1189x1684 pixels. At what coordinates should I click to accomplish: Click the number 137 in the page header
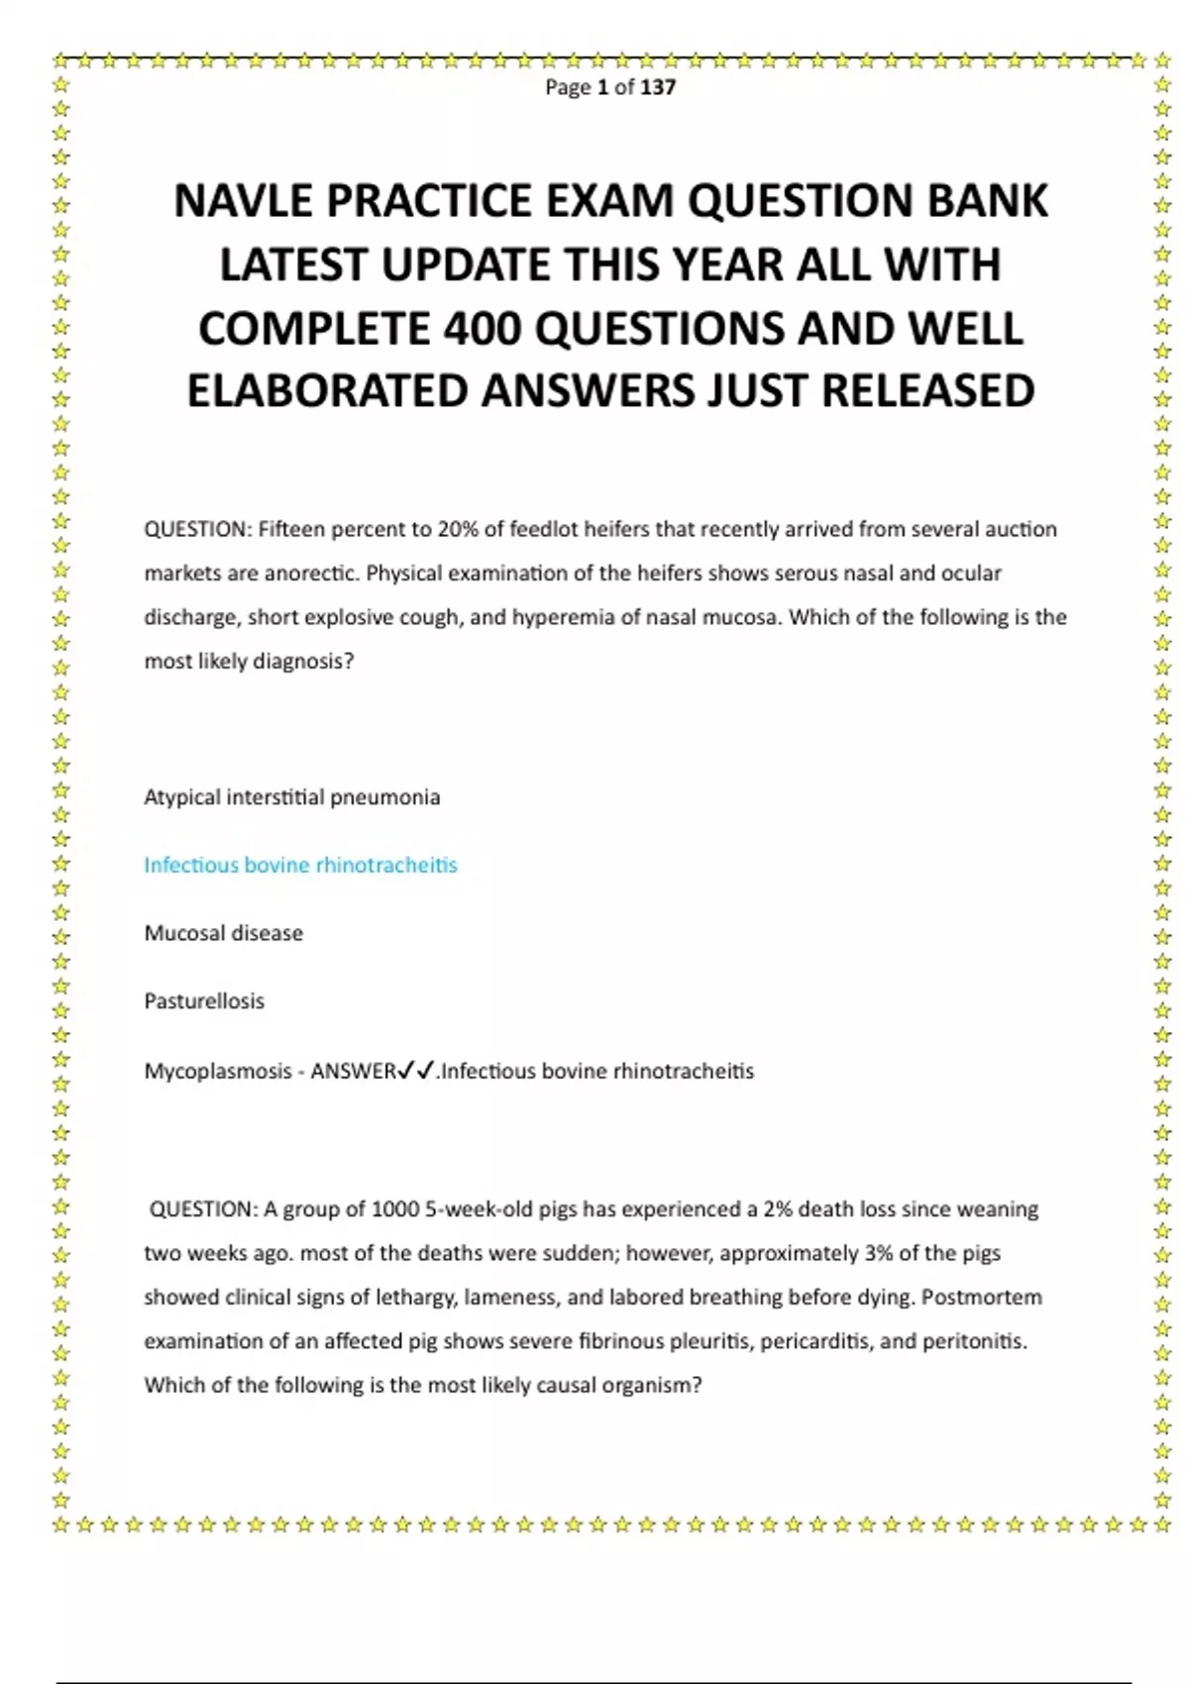[x=658, y=87]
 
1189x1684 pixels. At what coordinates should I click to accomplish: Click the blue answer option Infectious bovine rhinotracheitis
[x=300, y=865]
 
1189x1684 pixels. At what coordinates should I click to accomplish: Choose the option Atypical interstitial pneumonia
[x=292, y=797]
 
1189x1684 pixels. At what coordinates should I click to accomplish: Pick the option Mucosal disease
[x=224, y=933]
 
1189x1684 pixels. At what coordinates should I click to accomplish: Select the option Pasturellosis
[x=204, y=1001]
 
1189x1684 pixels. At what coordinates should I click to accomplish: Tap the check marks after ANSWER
[x=416, y=1071]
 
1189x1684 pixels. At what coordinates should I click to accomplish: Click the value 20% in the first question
[x=458, y=529]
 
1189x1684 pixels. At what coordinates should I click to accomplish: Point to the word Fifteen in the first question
[x=291, y=529]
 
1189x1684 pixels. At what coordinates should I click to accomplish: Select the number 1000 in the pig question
[x=395, y=1210]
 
